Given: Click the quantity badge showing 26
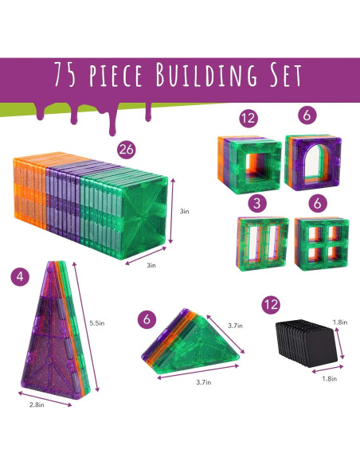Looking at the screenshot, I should (125, 149).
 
